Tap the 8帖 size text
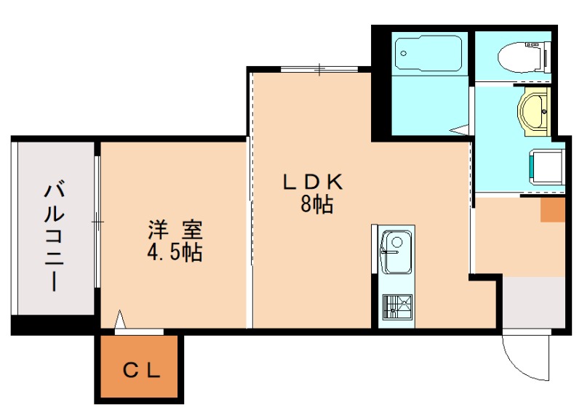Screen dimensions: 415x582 pos(316,205)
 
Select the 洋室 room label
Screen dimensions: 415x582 pos(175,230)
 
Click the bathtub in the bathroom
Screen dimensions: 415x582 pos(428,55)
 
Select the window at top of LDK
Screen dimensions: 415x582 pos(319,70)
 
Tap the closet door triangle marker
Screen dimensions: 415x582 pos(121,320)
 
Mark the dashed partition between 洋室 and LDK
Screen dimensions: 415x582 pos(250,218)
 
